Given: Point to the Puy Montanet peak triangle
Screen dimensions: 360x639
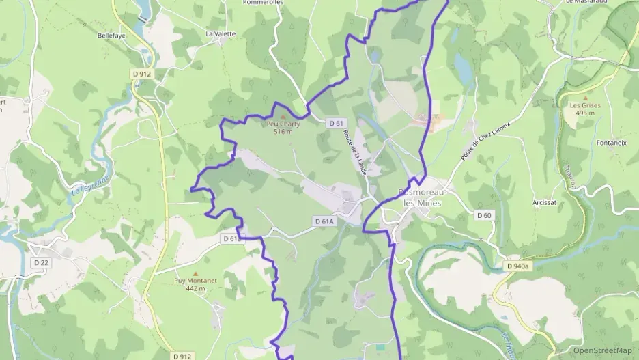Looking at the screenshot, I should (195, 273).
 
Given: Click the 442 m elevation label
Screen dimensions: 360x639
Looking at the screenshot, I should (195, 288).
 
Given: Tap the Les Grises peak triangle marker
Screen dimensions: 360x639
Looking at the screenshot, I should (585, 98).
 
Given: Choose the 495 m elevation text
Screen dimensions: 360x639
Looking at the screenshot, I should (585, 113).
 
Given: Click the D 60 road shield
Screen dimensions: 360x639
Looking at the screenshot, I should (484, 215).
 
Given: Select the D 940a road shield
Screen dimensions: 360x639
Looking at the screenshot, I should (518, 266).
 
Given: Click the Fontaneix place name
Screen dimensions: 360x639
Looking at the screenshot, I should (611, 143).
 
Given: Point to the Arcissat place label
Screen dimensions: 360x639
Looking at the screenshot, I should (545, 203).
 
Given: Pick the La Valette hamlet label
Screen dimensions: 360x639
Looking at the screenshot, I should (221, 33).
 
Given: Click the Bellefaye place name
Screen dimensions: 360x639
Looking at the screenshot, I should (112, 34).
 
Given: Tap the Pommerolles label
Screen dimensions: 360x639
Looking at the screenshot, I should (263, 3).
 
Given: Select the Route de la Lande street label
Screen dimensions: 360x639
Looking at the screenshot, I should (354, 152).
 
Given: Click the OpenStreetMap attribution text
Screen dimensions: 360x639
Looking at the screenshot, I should (602, 350).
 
